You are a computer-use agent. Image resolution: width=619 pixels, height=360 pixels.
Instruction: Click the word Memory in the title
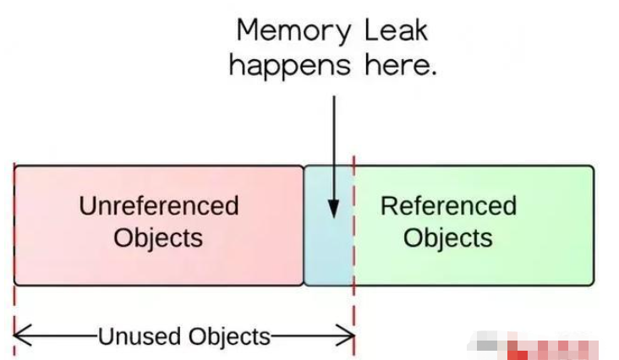click(x=282, y=32)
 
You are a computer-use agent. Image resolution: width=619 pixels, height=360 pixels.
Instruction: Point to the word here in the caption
click(x=395, y=65)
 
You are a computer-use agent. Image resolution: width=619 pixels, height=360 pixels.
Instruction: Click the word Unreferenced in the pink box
click(x=159, y=205)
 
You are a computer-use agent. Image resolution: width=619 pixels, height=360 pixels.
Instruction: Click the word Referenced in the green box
click(x=448, y=205)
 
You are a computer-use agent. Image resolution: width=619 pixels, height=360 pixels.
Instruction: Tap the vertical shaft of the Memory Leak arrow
click(x=333, y=144)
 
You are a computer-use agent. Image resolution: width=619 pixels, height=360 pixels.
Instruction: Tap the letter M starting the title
click(x=248, y=30)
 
